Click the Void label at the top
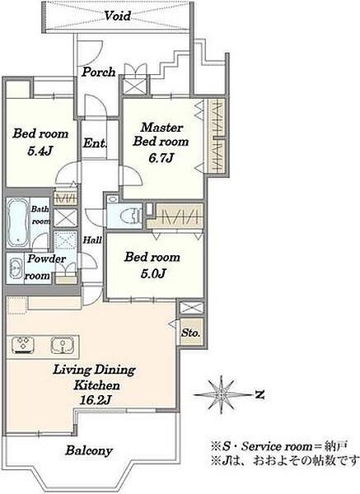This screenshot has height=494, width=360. pos(117,16)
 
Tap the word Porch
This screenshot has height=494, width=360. pos(99,72)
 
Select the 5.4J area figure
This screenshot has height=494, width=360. pos(40,151)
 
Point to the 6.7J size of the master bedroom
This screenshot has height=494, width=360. pos(161,158)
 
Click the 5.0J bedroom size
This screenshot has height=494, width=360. pos(153,273)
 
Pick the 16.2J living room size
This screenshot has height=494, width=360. pos(95,400)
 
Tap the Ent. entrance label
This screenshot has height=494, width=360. pos(95,143)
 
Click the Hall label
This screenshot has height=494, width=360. pos(92,240)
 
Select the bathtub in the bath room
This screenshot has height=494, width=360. pos(17,222)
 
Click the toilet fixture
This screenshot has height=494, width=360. pos(130,215)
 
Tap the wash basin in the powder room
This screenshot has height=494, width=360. pos(15,268)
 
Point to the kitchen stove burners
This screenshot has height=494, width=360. pos(23,344)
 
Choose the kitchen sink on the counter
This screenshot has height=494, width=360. pos(63,345)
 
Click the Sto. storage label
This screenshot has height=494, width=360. pos(191,333)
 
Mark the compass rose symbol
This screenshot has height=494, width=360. pos(222,394)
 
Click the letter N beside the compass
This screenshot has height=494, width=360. pos(259,394)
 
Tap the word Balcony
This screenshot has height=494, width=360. pos(89,450)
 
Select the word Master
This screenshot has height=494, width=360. pos(161,128)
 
